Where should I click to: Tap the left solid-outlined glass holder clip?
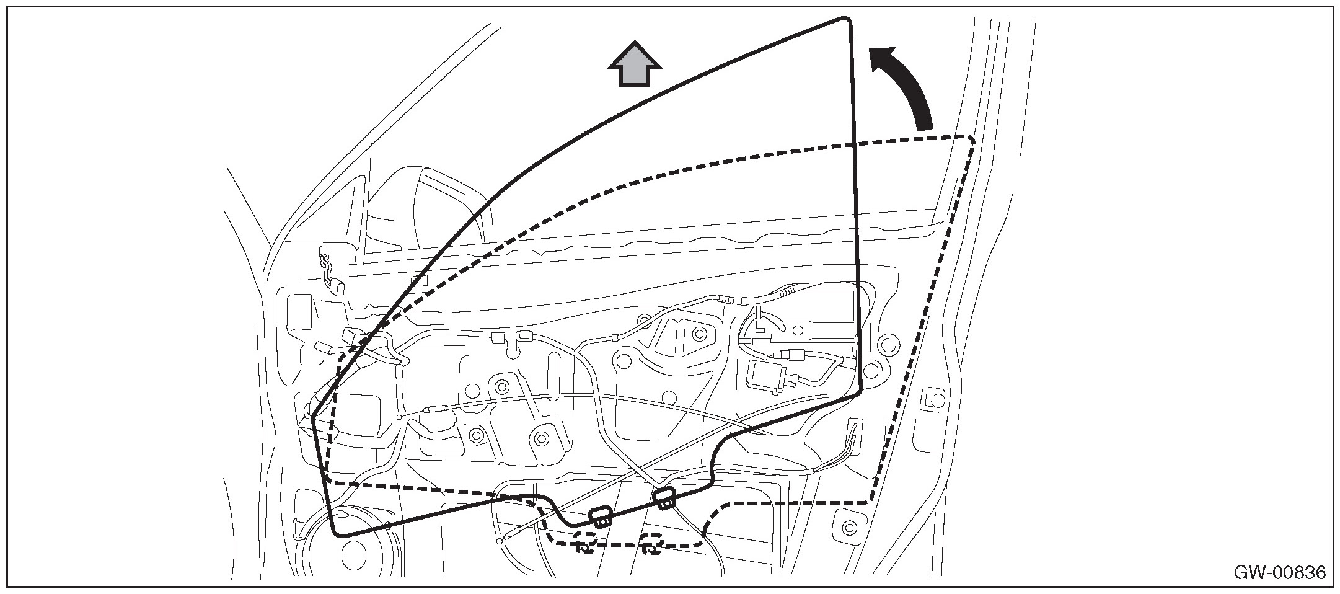(x=600, y=516)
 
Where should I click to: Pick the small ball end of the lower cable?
(x=500, y=541)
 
